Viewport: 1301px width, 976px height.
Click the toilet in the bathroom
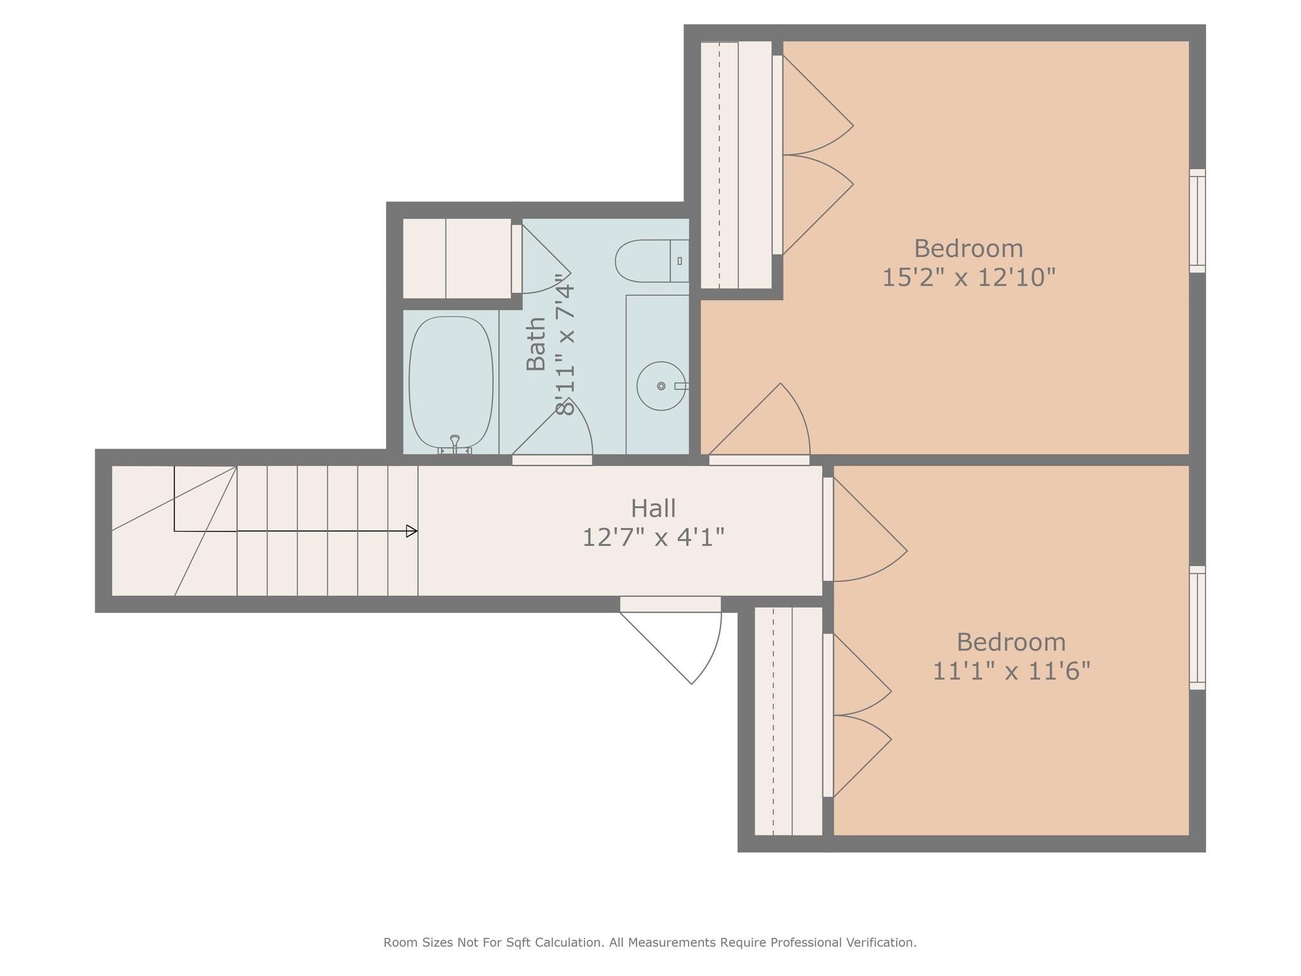[652, 261]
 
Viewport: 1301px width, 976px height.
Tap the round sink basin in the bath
[661, 386]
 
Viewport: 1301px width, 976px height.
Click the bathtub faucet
[455, 445]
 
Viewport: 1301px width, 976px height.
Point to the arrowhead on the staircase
[412, 531]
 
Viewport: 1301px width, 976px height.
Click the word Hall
[653, 508]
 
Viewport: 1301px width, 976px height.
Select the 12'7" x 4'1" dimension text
[653, 538]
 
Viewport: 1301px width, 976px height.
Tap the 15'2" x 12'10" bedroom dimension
[968, 277]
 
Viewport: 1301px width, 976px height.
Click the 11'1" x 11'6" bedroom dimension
[1011, 671]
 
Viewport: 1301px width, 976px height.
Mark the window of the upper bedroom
[1197, 221]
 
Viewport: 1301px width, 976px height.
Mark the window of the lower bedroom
[1197, 628]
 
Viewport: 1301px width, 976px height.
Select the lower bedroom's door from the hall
[865, 529]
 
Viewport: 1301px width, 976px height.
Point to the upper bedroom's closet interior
[736, 165]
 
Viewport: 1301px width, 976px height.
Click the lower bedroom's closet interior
[788, 721]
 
